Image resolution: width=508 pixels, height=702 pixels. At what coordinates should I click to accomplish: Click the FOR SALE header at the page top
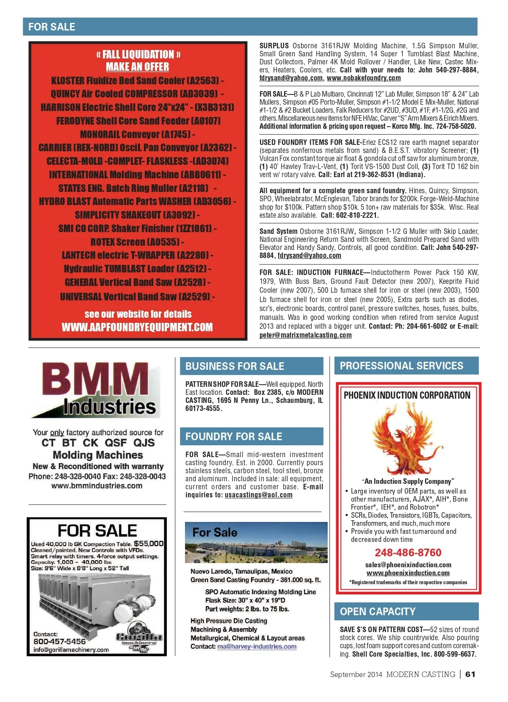[52, 27]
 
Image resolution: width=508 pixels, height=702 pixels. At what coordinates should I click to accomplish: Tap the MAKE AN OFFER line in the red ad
[137, 67]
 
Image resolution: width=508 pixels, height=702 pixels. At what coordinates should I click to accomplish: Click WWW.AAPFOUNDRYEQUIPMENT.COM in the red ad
[137, 327]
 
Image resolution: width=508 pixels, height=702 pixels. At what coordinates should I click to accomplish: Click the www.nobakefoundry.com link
[364, 78]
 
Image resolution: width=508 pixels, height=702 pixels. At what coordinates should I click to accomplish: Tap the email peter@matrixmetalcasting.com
[305, 335]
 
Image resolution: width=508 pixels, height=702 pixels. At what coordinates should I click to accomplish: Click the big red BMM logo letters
[95, 379]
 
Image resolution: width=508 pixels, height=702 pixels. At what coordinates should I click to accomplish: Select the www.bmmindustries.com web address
[97, 486]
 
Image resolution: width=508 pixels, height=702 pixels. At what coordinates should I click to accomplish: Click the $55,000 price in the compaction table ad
[149, 544]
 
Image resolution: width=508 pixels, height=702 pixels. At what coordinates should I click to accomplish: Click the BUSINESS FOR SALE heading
[235, 366]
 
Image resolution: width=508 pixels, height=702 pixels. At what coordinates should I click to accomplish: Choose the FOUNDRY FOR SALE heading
[234, 436]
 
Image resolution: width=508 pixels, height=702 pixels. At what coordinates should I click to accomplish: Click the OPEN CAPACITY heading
[378, 611]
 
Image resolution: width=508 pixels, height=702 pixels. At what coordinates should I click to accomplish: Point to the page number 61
[470, 674]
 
